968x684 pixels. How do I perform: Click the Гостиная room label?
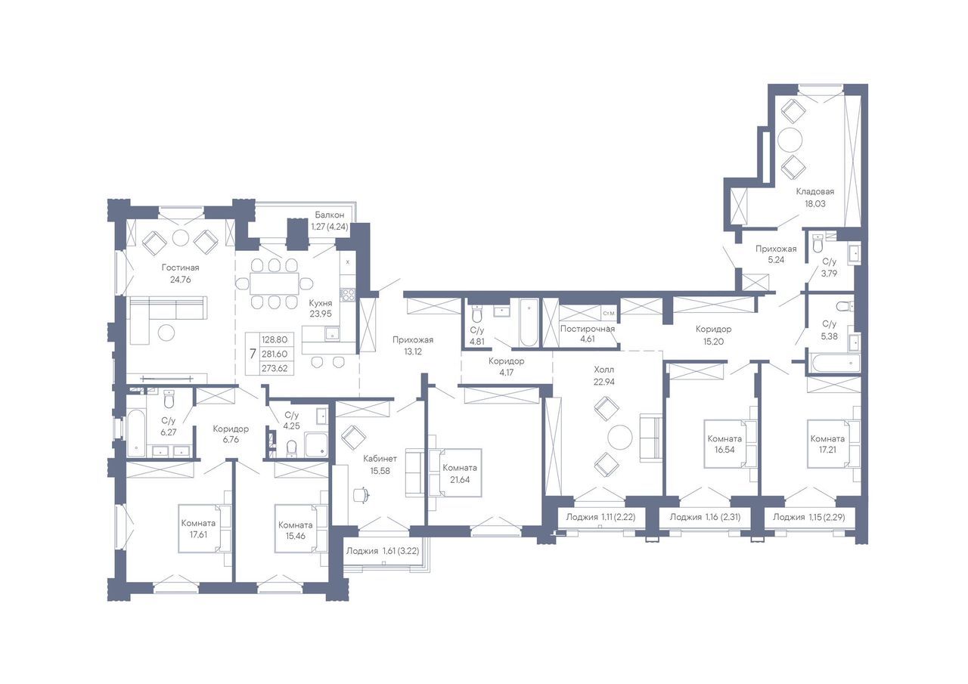(180, 268)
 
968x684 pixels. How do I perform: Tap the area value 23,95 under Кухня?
(320, 314)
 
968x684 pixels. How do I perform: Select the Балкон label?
(329, 215)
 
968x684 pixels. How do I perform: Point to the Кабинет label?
(380, 459)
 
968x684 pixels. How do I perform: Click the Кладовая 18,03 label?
(815, 197)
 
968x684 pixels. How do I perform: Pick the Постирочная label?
(588, 329)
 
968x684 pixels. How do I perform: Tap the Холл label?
(603, 370)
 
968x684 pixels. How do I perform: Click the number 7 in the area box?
(253, 354)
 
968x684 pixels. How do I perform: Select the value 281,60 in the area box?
(275, 354)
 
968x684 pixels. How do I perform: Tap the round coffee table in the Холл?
(620, 438)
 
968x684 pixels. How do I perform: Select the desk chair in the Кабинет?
(361, 495)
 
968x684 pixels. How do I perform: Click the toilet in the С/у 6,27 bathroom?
(169, 401)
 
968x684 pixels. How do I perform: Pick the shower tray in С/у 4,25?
(316, 445)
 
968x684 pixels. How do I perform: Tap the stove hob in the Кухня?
(347, 295)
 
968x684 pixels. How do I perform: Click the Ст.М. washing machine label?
(609, 314)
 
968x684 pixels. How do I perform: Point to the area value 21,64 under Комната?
(460, 480)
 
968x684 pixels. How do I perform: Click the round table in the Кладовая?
(790, 140)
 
